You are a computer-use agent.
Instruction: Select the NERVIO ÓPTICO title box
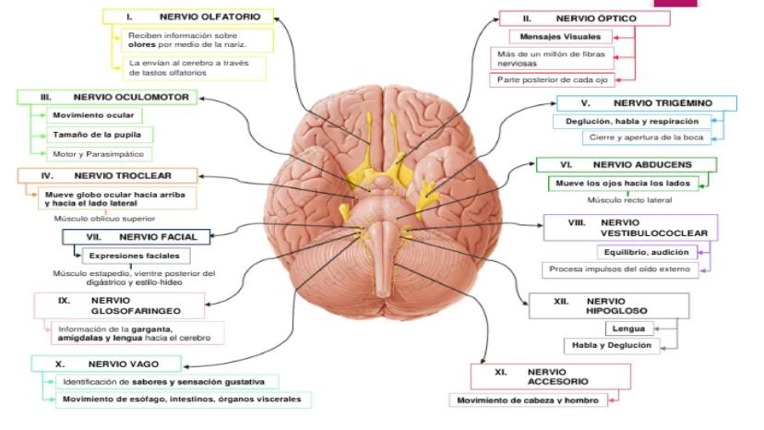(566, 18)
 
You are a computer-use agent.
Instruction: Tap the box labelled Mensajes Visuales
(561, 37)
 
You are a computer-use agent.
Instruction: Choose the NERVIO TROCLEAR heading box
(107, 175)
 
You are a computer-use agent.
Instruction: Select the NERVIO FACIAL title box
(137, 236)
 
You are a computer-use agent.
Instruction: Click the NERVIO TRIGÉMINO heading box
(645, 103)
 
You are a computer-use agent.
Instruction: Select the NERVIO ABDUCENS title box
(627, 164)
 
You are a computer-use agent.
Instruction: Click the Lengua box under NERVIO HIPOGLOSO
(630, 328)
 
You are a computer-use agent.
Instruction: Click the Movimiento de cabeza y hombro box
(531, 400)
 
